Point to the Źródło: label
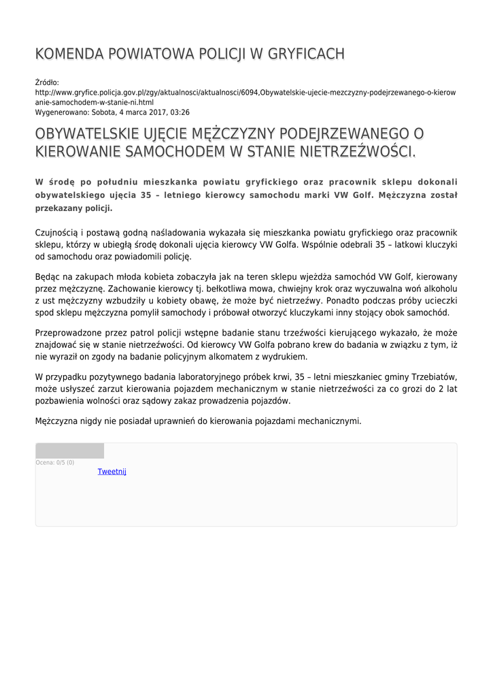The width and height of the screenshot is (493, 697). pyautogui.click(x=48, y=82)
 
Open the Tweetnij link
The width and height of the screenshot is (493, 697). pyautogui.click(x=112, y=472)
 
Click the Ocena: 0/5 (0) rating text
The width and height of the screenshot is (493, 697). pyautogui.click(x=55, y=463)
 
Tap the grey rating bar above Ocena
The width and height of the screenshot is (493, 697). pyautogui.click(x=69, y=451)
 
